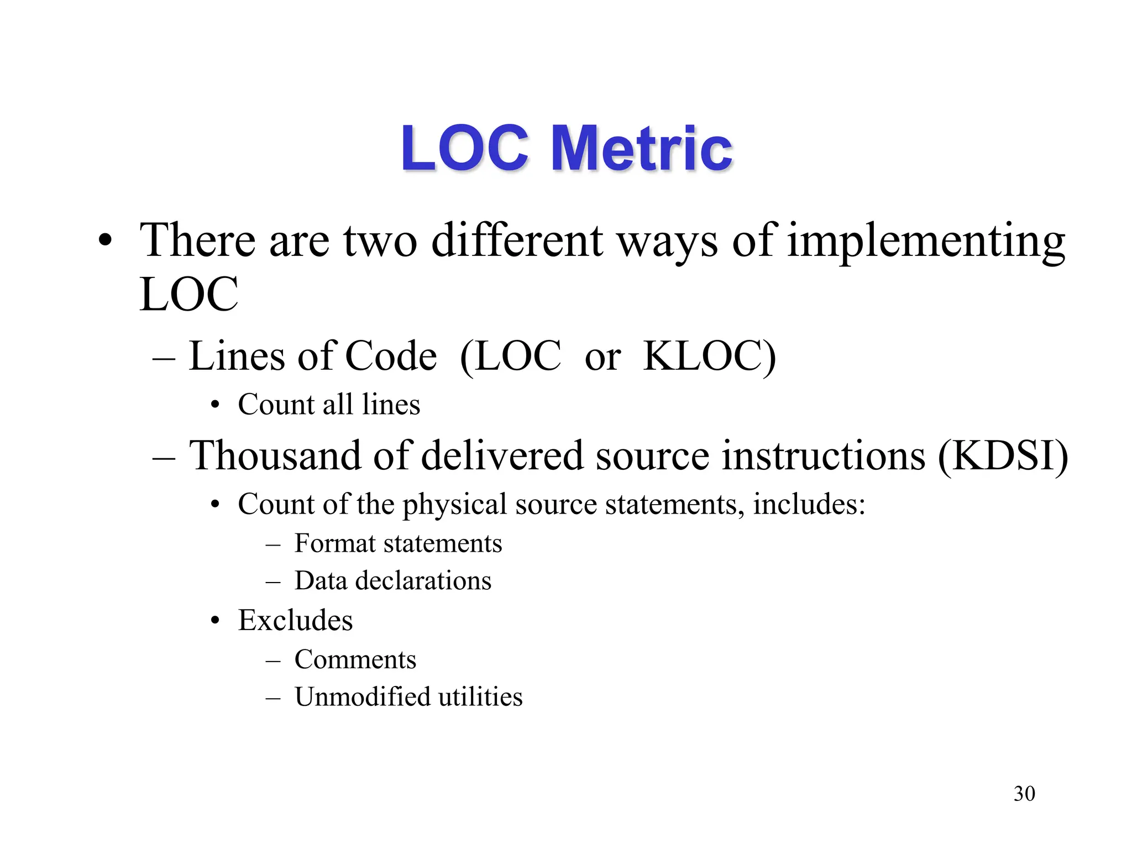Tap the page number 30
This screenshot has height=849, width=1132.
(x=1024, y=794)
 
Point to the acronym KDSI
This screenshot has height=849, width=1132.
(x=1003, y=455)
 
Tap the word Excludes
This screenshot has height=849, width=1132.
(x=295, y=620)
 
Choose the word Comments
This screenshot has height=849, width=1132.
(x=355, y=659)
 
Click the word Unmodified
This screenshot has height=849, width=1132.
(x=362, y=696)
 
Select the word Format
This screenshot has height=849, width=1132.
(x=334, y=543)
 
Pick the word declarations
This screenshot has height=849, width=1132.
(x=423, y=581)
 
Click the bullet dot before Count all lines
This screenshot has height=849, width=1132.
(x=216, y=405)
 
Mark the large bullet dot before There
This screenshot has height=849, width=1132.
(x=105, y=242)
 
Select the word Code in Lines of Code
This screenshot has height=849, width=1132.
(x=391, y=356)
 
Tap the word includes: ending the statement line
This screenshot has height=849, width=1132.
(x=809, y=504)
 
